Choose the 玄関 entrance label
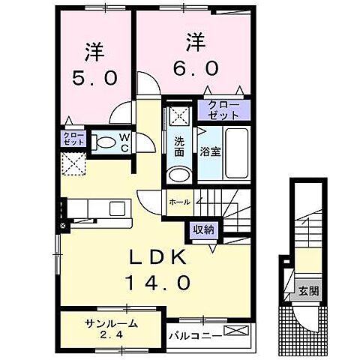point(304,291)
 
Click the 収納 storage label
point(202,229)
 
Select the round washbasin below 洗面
point(178,173)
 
